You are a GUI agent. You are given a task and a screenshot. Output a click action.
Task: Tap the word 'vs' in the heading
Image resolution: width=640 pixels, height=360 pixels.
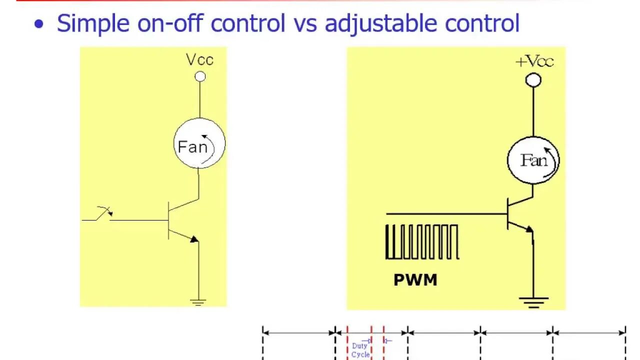(304, 24)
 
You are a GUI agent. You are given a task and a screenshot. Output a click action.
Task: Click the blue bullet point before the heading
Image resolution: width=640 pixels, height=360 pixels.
(38, 25)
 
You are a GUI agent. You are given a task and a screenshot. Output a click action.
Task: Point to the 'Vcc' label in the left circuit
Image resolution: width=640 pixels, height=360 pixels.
(199, 60)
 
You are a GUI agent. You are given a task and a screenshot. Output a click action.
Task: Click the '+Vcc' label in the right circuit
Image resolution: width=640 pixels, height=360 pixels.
(534, 62)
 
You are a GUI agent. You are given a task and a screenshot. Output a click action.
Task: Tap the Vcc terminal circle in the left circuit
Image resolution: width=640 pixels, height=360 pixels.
(200, 76)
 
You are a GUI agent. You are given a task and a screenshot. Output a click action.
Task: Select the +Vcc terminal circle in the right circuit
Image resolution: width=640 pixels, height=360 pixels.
(533, 80)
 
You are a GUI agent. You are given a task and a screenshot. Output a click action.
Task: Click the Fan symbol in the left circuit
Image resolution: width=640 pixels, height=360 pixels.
(199, 144)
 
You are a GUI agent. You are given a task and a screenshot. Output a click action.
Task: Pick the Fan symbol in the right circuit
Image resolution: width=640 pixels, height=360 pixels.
(533, 160)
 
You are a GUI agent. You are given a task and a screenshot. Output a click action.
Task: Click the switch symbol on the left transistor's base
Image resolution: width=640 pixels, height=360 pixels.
(104, 213)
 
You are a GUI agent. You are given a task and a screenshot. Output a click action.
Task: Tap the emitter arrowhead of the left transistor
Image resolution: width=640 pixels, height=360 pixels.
(194, 239)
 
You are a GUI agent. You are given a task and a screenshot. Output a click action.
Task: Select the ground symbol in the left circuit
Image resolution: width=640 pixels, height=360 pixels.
(198, 301)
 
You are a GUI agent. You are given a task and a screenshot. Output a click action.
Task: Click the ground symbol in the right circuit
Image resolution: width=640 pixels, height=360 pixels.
(533, 301)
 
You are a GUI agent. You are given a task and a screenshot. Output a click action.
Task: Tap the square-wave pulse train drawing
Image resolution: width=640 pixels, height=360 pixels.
(421, 242)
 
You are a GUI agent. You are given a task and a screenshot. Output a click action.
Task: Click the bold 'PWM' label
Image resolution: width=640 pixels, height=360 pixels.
(415, 280)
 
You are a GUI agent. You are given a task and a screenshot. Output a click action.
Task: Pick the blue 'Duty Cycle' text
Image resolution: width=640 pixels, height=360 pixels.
(360, 350)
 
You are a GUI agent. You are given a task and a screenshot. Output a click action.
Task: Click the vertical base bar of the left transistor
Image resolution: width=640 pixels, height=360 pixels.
(169, 220)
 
